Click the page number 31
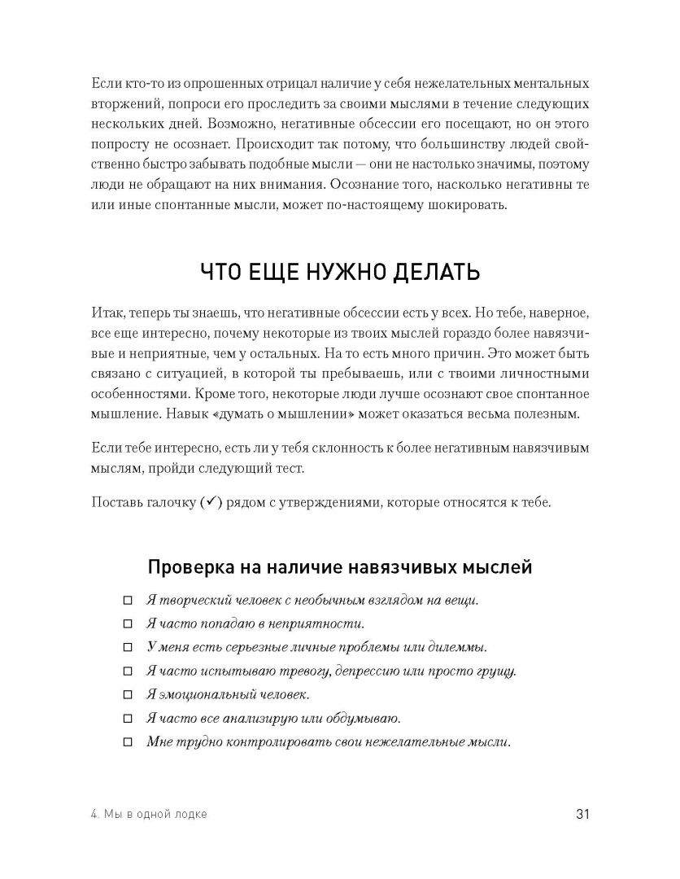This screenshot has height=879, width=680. coord(582,814)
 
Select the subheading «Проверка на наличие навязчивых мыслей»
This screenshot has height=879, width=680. coord(339,566)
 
